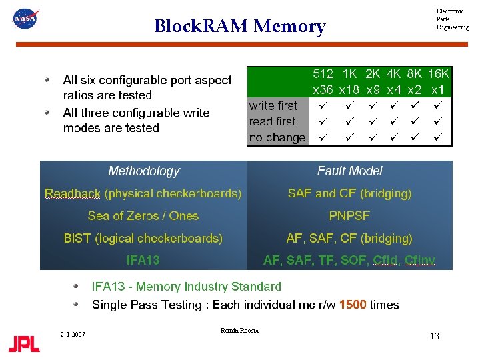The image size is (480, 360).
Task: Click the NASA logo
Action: pos(26,18)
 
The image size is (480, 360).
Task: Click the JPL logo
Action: pos(25,344)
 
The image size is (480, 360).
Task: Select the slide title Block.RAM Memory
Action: pos(239,26)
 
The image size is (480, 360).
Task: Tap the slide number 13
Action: pos(434,336)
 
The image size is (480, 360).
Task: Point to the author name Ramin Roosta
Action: pos(239,331)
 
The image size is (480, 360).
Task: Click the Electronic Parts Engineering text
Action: pos(452,19)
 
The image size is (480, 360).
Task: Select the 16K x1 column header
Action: pos(438,81)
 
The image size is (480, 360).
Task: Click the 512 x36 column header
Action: pos(323,81)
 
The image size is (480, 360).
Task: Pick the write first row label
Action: pos(273,105)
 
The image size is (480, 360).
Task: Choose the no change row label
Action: pos(277,138)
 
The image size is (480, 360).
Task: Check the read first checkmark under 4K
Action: pos(394,122)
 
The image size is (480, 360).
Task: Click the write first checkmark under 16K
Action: pos(438,105)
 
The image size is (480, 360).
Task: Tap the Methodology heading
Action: pos(144,171)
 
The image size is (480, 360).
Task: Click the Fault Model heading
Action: pos(349,171)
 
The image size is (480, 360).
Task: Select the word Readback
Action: pos(72,193)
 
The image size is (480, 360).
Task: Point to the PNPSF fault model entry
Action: pos(349,216)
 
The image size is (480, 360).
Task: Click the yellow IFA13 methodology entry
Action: pos(143,260)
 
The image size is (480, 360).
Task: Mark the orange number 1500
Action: pos(353,305)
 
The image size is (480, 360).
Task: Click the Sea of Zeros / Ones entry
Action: pos(143,216)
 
